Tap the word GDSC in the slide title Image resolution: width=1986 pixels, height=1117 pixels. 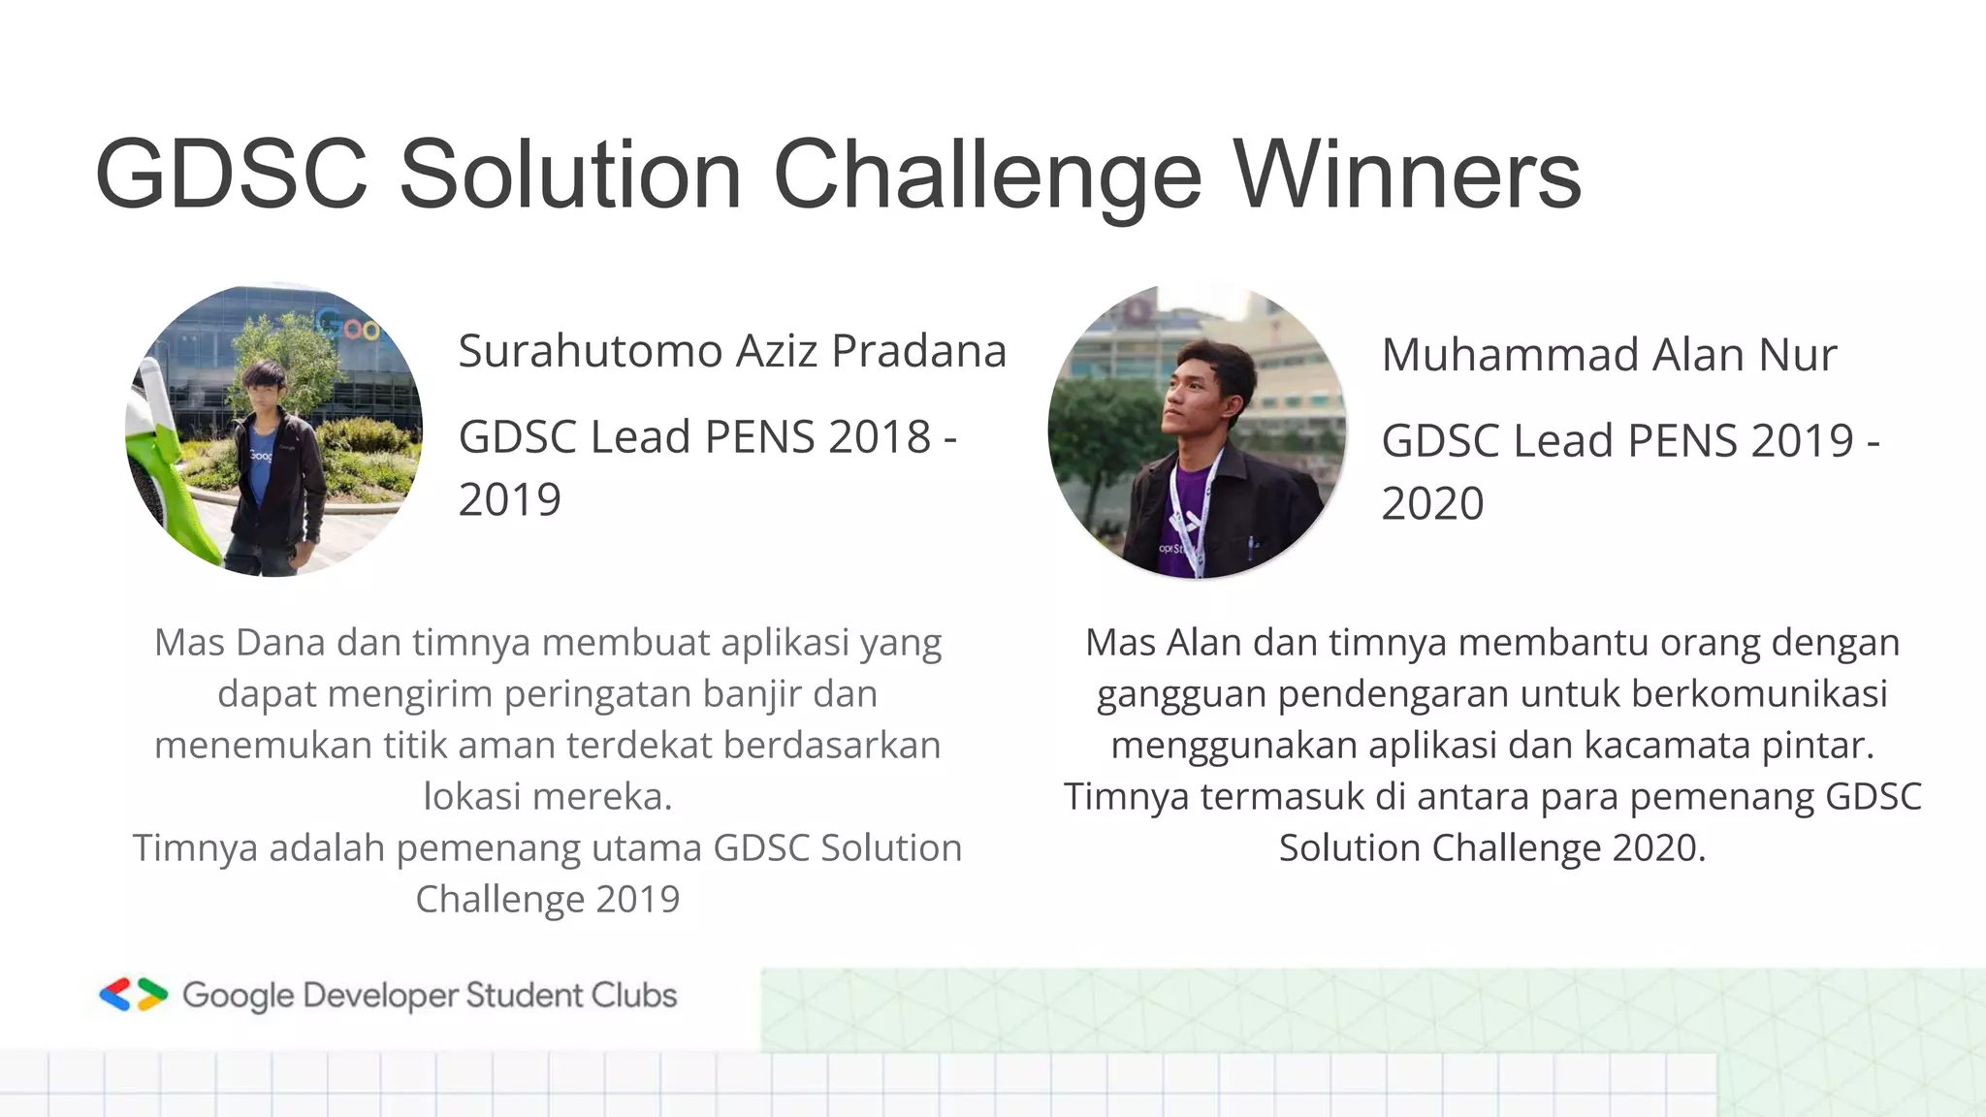click(x=231, y=175)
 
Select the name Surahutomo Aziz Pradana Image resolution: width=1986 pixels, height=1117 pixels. click(x=732, y=351)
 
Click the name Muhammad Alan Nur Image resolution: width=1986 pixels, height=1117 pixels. click(x=1609, y=355)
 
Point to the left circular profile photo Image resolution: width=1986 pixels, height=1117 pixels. click(x=274, y=431)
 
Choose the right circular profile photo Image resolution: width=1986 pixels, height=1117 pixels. click(x=1197, y=432)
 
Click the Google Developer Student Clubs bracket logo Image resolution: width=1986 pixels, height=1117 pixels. click(x=134, y=995)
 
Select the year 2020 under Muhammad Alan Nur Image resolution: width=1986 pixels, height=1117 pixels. click(x=1432, y=504)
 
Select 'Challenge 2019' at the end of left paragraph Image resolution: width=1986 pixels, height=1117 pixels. click(x=548, y=899)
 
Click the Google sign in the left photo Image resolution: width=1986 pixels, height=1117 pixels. click(x=355, y=328)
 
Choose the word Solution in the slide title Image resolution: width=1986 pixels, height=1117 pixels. click(x=570, y=175)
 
